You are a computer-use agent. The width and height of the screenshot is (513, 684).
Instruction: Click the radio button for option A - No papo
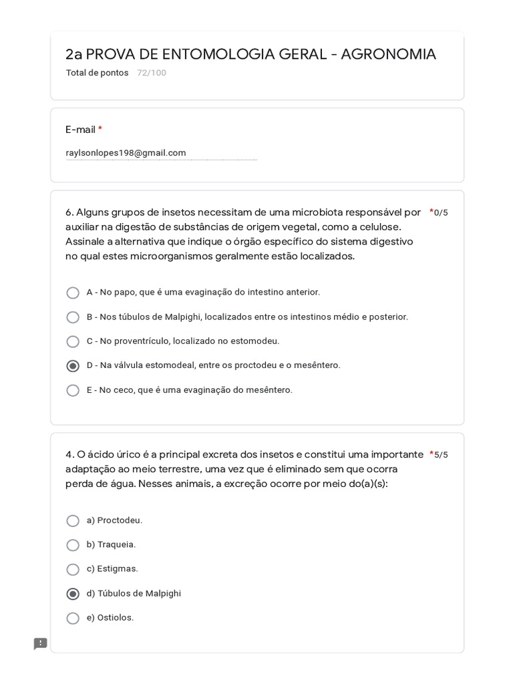73,293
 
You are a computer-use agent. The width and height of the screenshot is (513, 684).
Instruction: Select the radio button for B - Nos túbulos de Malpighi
73,317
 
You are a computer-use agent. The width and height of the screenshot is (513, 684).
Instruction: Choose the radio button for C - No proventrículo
73,341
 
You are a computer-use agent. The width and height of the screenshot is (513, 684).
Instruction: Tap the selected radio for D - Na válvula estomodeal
73,366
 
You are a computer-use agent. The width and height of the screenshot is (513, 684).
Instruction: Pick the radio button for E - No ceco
73,390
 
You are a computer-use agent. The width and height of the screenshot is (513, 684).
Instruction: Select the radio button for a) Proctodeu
73,520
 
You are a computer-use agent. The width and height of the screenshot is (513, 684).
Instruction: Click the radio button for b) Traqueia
73,545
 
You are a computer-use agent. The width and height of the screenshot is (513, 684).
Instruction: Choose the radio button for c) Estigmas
73,569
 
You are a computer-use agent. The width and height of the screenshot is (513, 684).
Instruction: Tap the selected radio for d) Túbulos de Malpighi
73,594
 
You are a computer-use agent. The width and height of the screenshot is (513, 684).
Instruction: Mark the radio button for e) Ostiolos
73,618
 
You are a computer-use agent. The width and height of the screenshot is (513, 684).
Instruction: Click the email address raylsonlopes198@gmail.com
126,153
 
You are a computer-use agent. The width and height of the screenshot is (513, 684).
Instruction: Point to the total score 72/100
152,73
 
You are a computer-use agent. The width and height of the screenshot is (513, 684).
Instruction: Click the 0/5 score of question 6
441,213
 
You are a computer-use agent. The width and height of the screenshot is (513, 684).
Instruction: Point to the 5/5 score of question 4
441,455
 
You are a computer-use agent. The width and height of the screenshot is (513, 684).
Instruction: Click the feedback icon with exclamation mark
41,644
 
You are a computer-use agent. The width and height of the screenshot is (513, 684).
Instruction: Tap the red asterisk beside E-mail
100,130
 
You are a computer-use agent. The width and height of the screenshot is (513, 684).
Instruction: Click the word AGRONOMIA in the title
388,54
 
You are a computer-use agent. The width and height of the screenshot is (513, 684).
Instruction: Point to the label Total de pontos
97,73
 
